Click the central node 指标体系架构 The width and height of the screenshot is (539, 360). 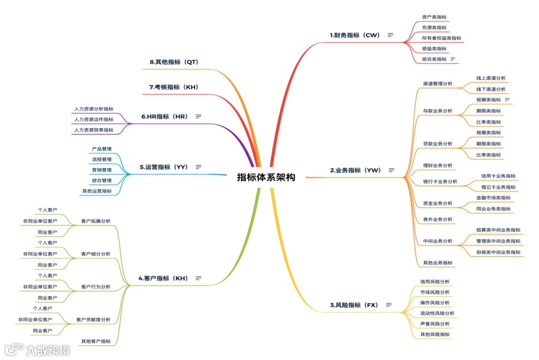[266, 177]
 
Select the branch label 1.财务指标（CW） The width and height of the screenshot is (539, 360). [355, 35]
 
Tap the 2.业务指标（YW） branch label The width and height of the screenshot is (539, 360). [355, 170]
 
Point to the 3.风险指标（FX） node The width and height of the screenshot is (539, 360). [354, 305]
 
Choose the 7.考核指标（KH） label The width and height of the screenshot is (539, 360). [174, 87]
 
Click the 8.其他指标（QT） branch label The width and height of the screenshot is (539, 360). [174, 62]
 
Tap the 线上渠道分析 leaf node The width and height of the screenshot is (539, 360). [491, 78]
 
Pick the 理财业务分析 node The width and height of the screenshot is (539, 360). [438, 165]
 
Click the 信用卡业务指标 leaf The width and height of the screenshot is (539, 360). [498, 176]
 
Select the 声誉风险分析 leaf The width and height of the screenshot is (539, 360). [435, 324]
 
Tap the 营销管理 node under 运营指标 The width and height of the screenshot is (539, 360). [102, 170]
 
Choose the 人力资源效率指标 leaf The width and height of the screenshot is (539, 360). [93, 130]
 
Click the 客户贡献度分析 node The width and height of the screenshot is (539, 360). [93, 320]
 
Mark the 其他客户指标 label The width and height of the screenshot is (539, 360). [96, 342]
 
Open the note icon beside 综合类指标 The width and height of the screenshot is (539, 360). [453, 59]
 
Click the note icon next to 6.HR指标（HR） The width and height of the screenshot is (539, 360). [199, 116]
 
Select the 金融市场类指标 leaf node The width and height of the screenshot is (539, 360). [493, 198]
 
